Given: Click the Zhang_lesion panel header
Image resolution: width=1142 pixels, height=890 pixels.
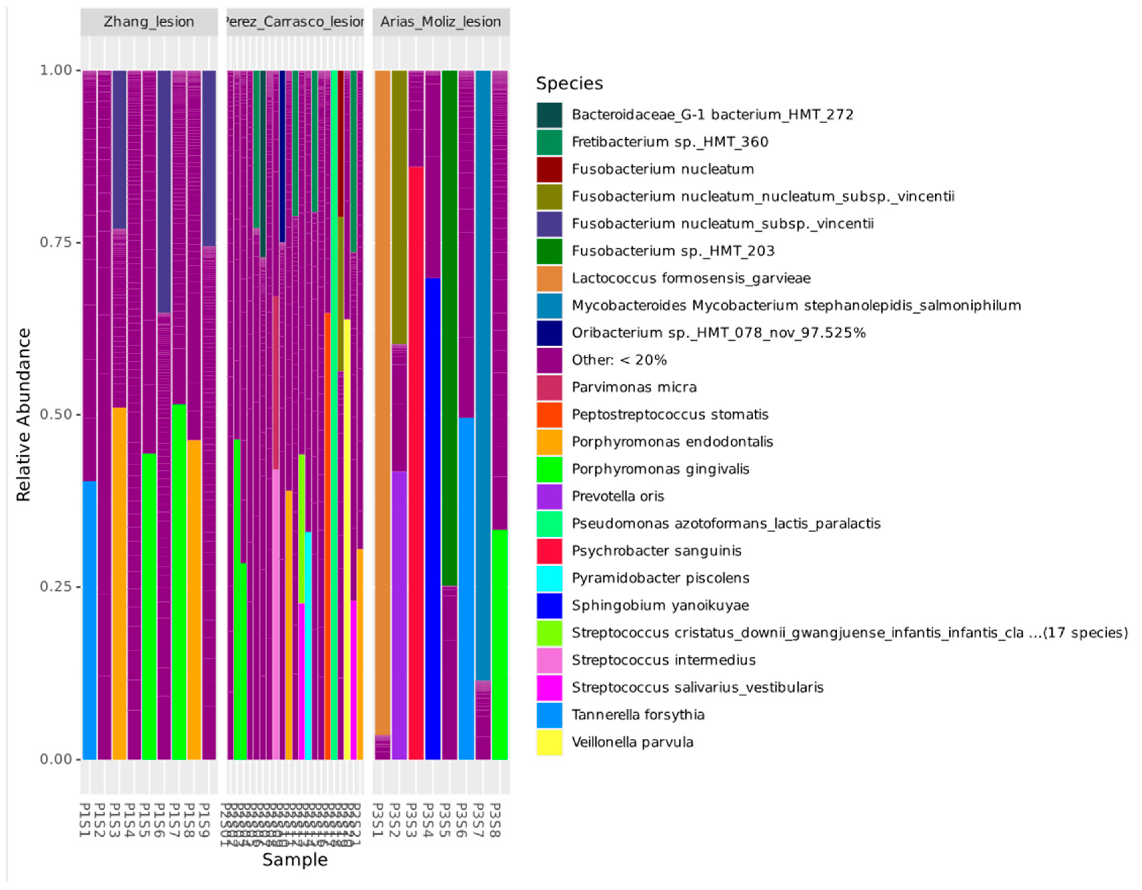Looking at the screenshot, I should coord(149,22).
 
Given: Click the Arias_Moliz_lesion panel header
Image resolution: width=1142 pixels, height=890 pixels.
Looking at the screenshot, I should coord(440,22).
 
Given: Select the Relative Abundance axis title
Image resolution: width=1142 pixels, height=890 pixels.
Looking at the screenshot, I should coord(24,415).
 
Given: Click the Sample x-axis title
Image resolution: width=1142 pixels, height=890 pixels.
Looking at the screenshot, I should coord(295,860).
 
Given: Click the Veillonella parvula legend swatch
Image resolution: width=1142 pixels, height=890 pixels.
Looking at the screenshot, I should coord(549,742).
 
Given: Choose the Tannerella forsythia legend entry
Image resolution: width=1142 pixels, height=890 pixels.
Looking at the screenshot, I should coord(638,714).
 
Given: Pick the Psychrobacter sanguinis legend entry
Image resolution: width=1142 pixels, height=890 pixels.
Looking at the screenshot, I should coord(656,551).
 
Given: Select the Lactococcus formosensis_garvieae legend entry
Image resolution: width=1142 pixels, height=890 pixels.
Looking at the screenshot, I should coord(690,278).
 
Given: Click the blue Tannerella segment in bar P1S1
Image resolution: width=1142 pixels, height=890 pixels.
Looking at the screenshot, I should coord(90,620).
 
